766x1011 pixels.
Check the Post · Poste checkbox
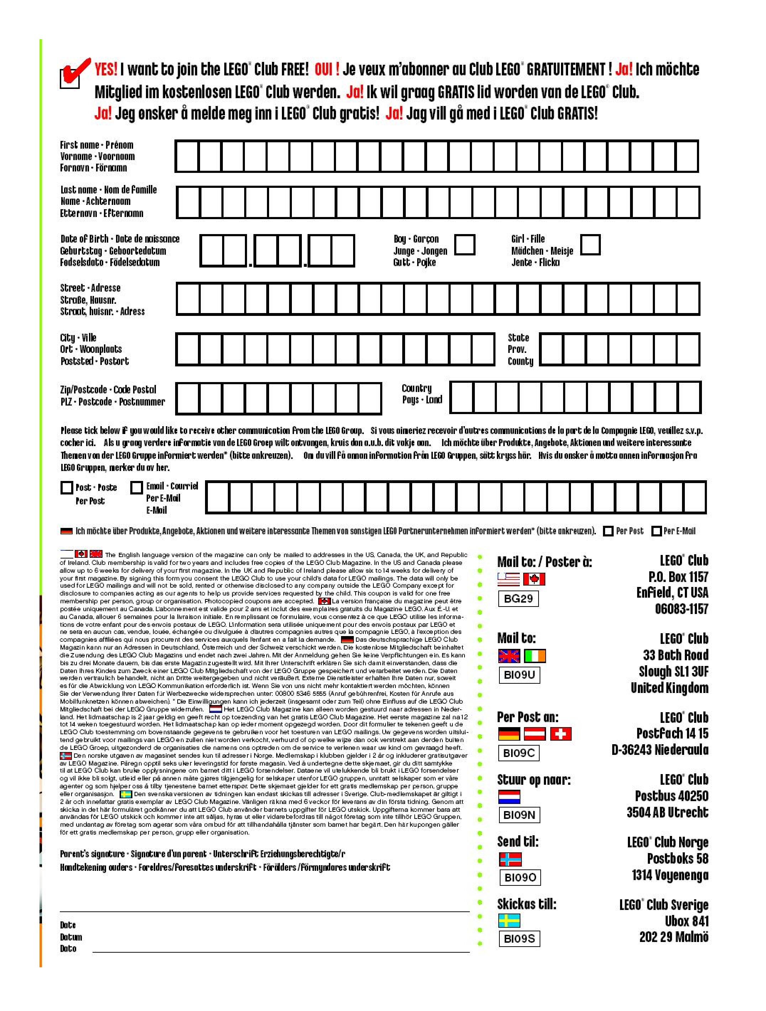[x=67, y=488]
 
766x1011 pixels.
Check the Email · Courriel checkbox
[x=136, y=488]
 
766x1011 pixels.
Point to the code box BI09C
[x=519, y=753]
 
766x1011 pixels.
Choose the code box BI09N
[x=519, y=815]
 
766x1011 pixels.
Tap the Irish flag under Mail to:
[x=535, y=656]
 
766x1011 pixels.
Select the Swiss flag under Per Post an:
[x=560, y=734]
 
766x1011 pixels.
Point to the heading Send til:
[x=518, y=841]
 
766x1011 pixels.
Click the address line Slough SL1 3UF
[x=673, y=671]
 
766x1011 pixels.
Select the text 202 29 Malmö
[x=673, y=937]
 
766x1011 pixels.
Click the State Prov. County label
[x=520, y=349]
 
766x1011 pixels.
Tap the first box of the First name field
[x=187, y=156]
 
